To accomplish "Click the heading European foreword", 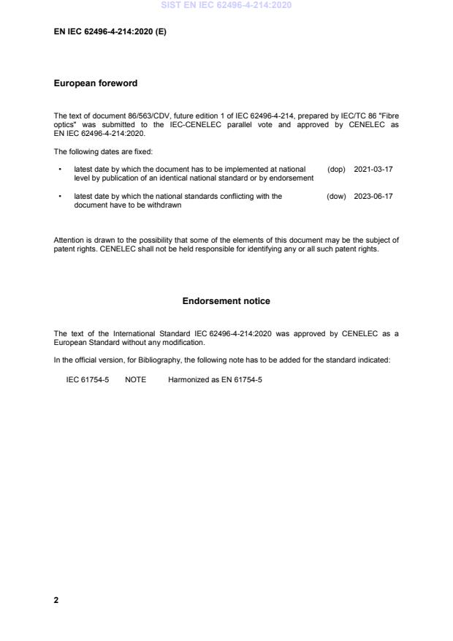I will coord(96,83).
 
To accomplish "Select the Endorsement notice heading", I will coord(226,301).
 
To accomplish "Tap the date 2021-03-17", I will coord(373,170).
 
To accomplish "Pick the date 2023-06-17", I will coord(373,197).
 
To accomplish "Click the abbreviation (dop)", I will coord(336,170).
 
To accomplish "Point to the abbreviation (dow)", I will coord(336,197).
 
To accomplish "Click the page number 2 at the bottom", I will coord(56,600).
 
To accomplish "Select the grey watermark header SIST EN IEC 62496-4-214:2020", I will coord(226,5).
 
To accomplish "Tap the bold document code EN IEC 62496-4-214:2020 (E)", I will coord(110,32).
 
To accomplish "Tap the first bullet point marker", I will coord(58,170).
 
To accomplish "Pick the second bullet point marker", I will coord(58,197).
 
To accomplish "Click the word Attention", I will coord(69,240).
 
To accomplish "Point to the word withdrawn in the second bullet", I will coord(164,205).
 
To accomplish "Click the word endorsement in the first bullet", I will coord(293,178).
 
